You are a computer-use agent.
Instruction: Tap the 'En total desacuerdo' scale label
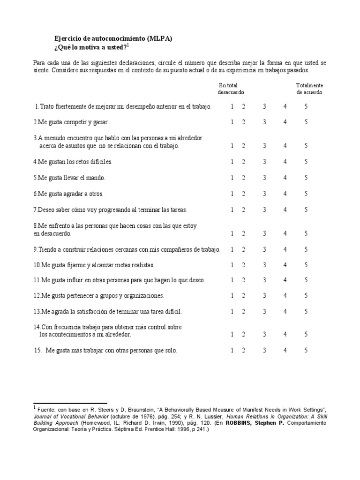coord(231,89)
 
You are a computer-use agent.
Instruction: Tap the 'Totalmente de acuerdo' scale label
coord(309,89)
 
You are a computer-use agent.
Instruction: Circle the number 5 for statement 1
coord(306,106)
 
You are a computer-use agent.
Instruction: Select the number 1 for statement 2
coord(232,122)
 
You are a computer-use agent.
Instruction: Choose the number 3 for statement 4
coord(265,162)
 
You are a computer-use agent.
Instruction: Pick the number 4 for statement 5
coord(285,178)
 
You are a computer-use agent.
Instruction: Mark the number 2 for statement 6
coord(243,194)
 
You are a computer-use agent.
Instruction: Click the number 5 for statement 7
coord(306,210)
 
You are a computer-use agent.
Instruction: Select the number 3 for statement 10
coord(265,265)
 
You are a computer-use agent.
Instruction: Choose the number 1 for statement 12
coord(232,295)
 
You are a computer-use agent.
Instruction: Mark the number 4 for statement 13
coord(285,311)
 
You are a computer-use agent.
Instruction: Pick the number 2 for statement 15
coord(243,350)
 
